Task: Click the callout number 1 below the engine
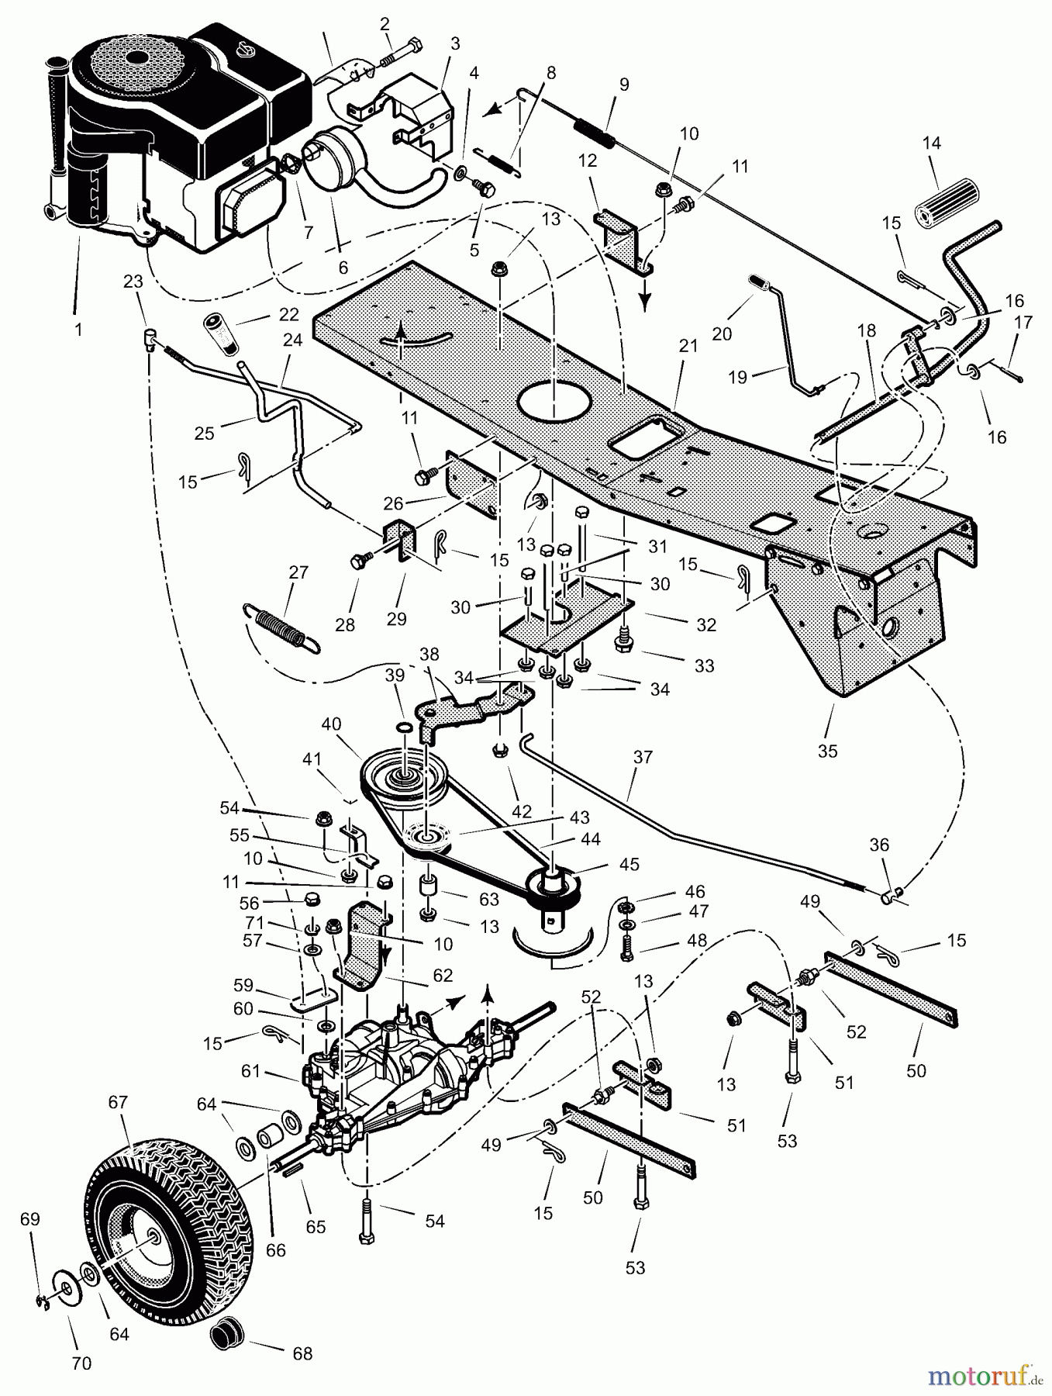tap(78, 330)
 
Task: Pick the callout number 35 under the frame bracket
tap(828, 751)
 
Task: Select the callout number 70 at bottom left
tap(81, 1363)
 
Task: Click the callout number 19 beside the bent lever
tap(738, 377)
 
